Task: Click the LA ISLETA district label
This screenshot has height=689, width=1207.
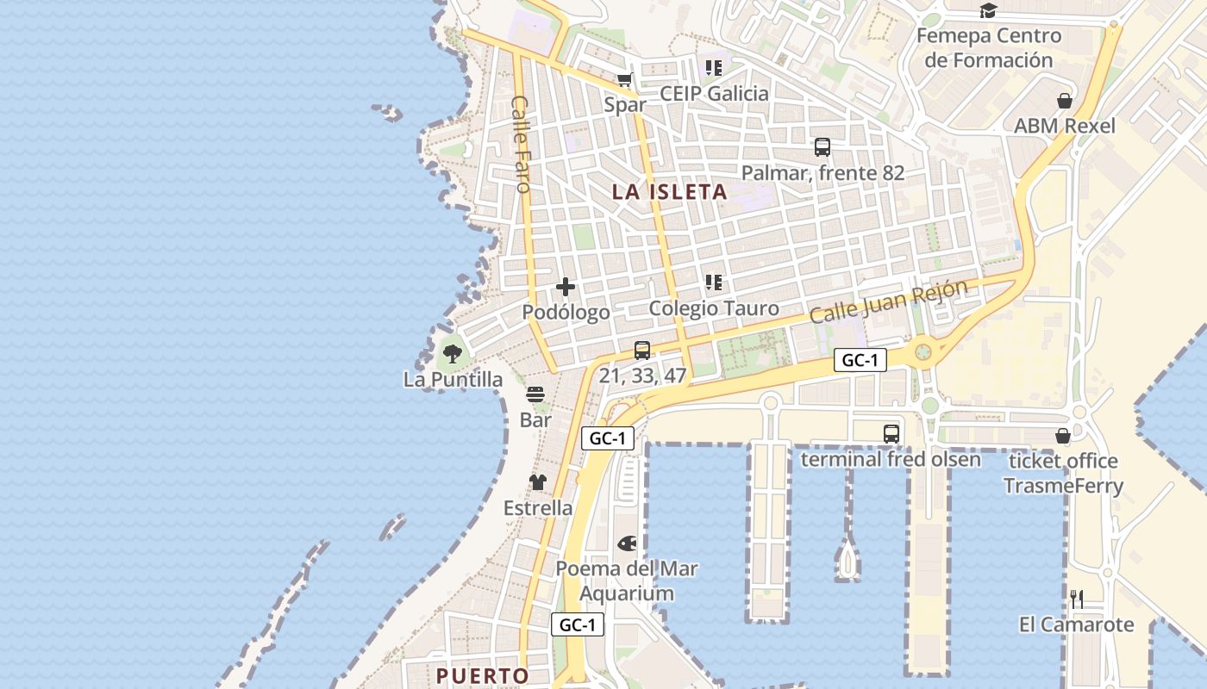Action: coord(670,192)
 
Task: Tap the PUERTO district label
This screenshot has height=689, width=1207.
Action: coord(482,676)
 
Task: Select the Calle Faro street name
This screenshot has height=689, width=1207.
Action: coord(521,143)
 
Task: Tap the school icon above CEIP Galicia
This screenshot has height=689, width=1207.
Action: coord(714,67)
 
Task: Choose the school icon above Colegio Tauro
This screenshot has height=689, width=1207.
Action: coord(714,282)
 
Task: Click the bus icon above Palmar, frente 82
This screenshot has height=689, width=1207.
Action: coord(822,147)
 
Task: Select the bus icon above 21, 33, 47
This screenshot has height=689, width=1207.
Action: coord(642,351)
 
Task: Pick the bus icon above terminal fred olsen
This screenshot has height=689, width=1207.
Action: coord(891,434)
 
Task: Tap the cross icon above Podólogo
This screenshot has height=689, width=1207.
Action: coord(566,287)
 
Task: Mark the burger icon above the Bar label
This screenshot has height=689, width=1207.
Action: coord(535,395)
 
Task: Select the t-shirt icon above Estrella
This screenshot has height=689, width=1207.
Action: coord(538,482)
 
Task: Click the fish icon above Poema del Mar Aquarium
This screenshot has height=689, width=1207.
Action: coord(628,543)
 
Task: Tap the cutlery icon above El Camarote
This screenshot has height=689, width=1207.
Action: coord(1077,599)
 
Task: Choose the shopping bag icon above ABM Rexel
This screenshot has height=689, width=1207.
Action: coord(1065,101)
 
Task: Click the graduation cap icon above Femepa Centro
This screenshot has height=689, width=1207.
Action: coord(988,11)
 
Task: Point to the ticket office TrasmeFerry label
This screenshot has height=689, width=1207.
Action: coord(1063,473)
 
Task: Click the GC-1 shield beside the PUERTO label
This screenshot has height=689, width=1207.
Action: coord(578,625)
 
